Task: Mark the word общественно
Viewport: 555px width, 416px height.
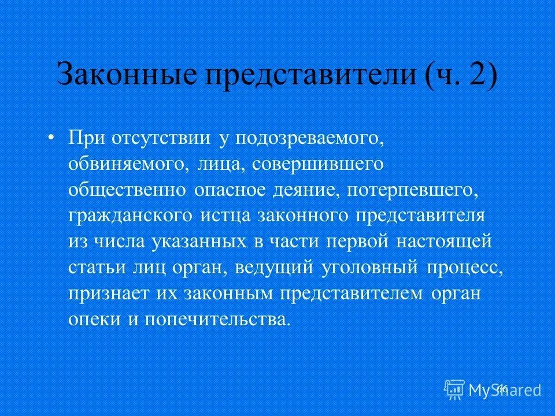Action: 127,190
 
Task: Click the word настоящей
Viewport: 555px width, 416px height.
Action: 445,242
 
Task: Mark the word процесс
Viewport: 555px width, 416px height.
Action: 471,268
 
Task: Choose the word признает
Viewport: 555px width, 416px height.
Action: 109,294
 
